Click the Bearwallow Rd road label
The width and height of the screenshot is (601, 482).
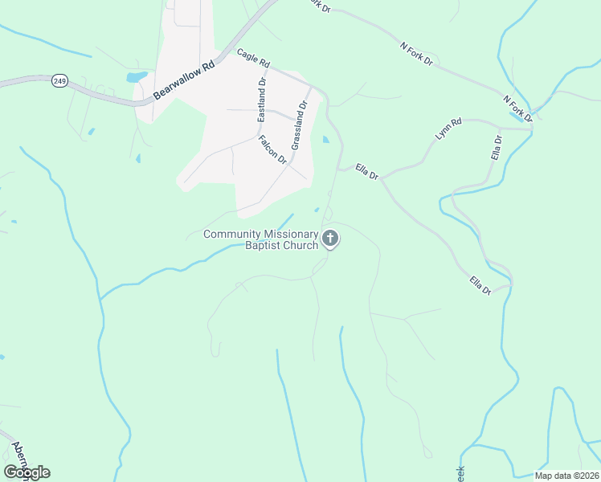click(186, 79)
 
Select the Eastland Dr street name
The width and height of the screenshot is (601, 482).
click(262, 101)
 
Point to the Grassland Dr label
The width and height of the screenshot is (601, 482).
click(299, 125)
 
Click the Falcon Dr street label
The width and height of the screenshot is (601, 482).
click(272, 149)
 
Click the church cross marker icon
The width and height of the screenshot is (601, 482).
click(330, 239)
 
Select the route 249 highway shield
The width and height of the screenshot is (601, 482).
click(59, 80)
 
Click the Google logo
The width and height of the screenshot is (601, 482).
click(27, 472)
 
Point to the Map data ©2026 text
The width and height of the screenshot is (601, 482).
click(567, 476)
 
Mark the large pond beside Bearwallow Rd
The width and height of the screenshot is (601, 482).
click(137, 77)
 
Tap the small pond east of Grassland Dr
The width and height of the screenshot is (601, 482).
click(325, 140)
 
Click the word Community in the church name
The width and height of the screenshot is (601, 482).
click(232, 234)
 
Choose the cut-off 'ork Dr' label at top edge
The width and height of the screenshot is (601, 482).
click(318, 5)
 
